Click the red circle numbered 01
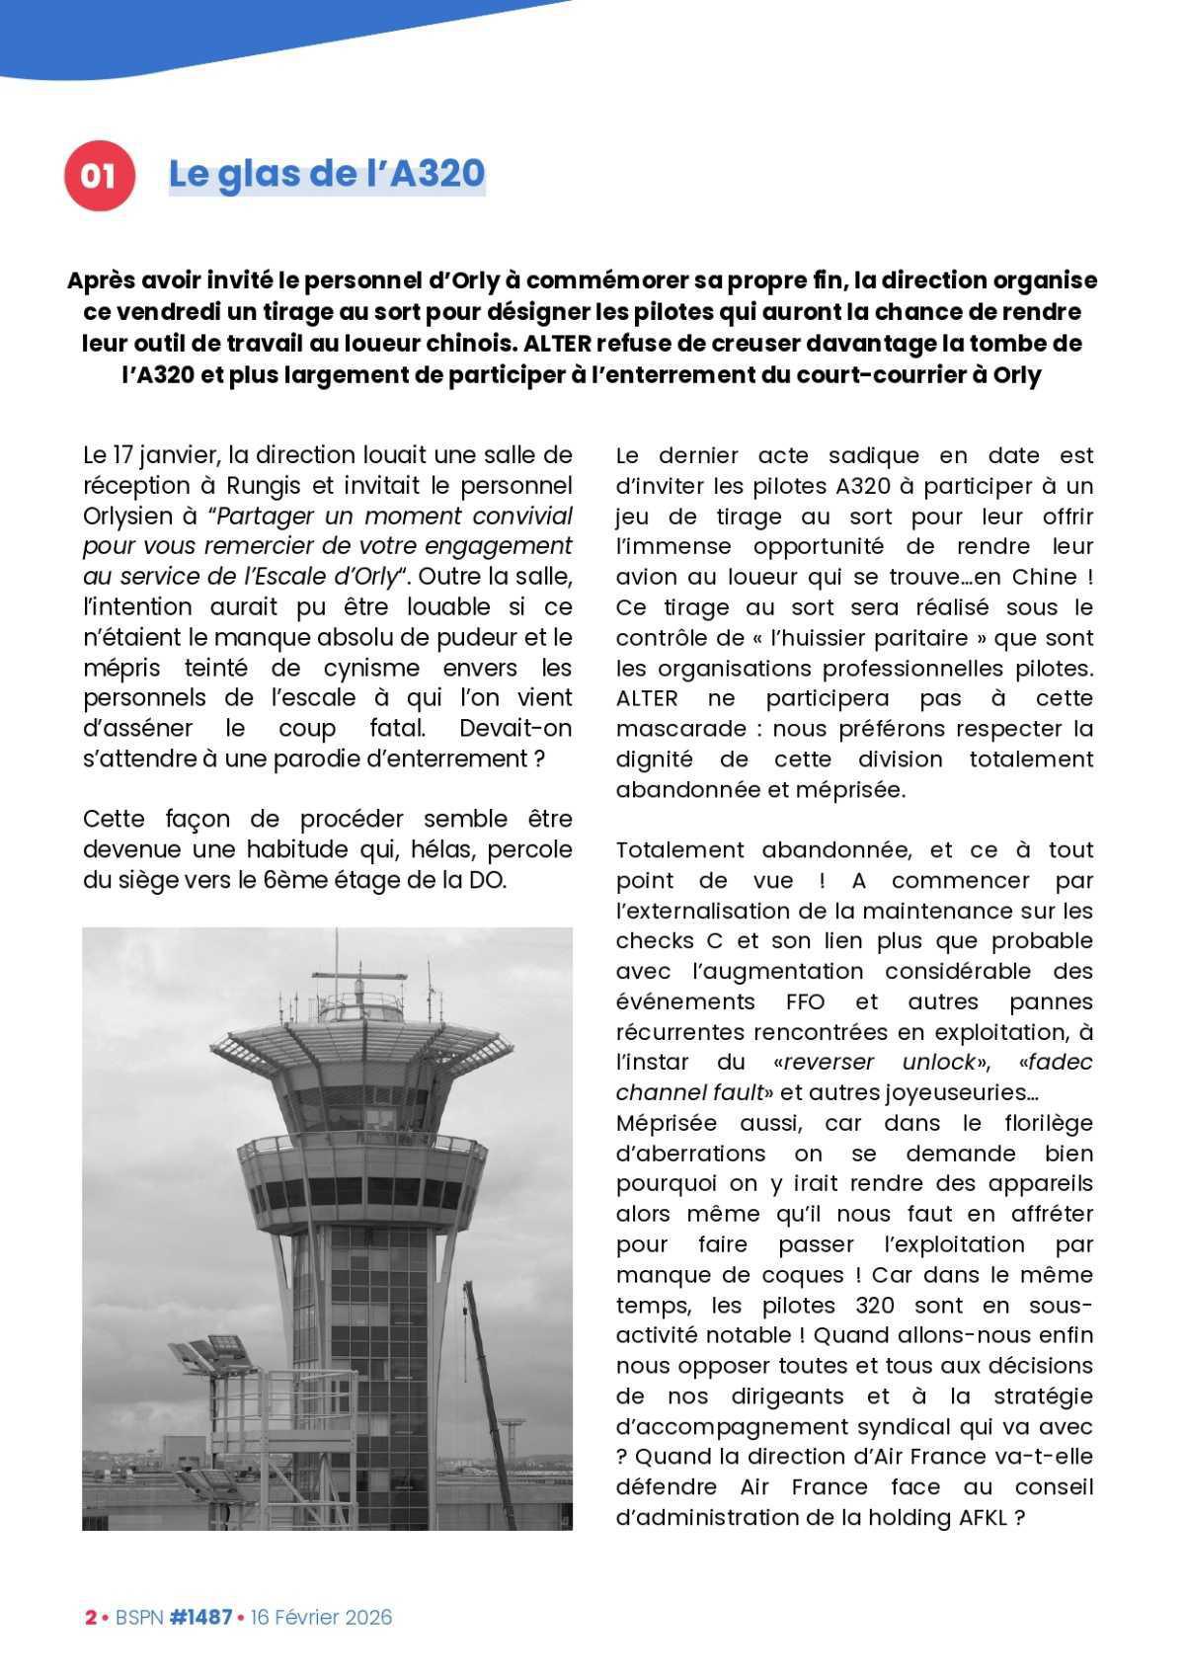pos(99,176)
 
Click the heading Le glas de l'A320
pos(327,174)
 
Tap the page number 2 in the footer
pos(90,1617)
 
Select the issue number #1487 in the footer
pos(200,1617)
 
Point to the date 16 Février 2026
pos(321,1617)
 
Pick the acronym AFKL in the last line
pos(983,1518)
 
